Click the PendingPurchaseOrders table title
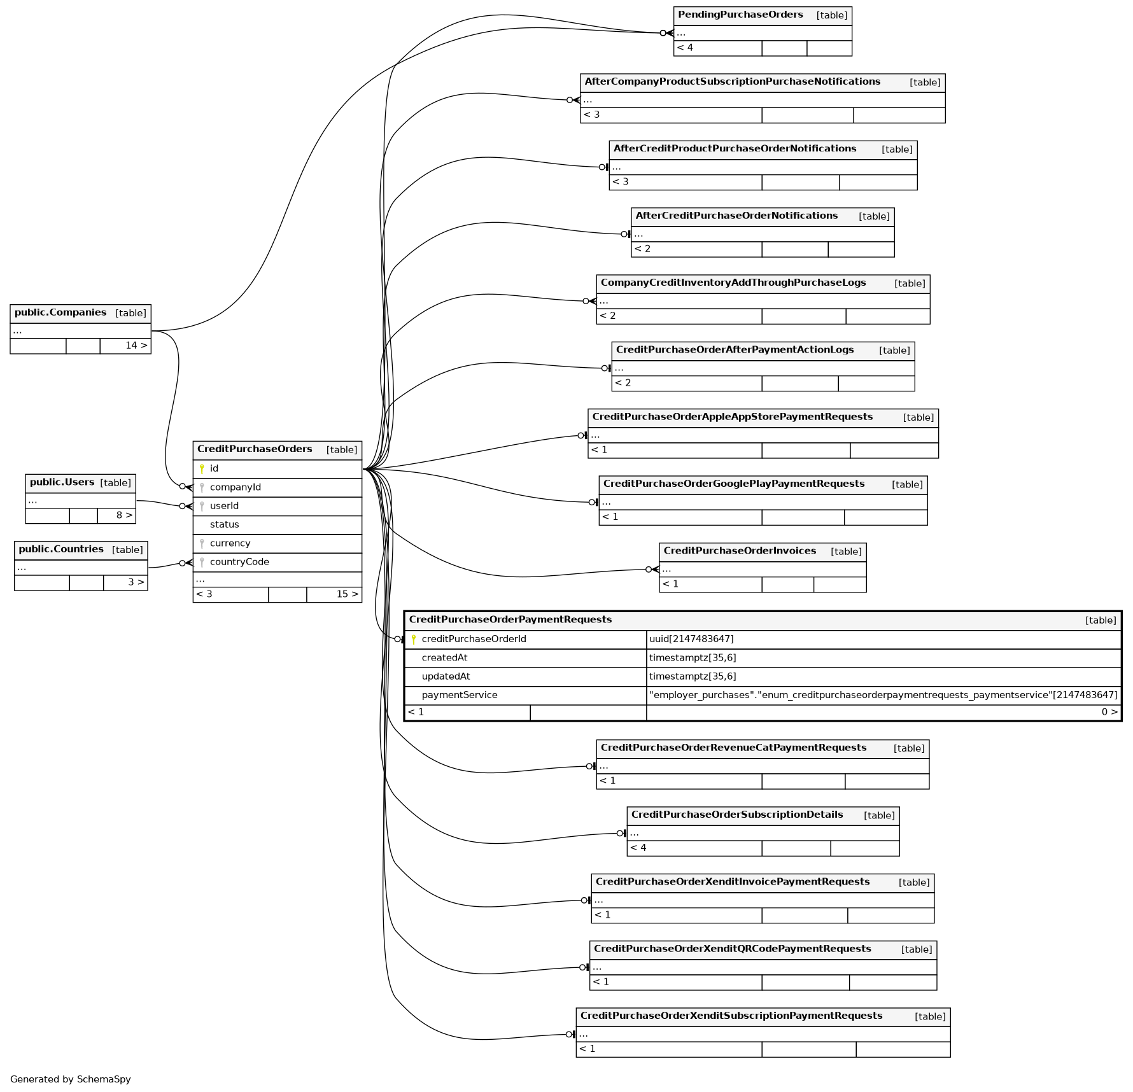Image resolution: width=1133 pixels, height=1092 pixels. [x=740, y=15]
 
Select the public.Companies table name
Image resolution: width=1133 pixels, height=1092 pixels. [x=60, y=312]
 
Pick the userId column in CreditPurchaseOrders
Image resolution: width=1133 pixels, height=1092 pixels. [x=224, y=506]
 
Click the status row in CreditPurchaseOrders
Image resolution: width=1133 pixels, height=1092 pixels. [x=224, y=524]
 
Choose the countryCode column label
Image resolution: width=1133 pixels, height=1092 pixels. [x=239, y=562]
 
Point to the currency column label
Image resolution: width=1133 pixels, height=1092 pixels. [x=230, y=543]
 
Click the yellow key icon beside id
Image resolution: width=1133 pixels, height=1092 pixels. [x=202, y=469]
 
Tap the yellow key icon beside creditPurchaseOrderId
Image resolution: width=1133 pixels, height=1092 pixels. [x=414, y=640]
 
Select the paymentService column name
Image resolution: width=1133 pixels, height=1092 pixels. [x=460, y=695]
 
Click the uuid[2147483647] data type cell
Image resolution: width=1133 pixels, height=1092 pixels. [x=691, y=639]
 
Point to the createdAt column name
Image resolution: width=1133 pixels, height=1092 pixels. [x=444, y=657]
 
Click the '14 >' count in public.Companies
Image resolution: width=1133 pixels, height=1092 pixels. [x=136, y=346]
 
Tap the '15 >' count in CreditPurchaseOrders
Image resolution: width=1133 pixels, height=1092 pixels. [x=348, y=594]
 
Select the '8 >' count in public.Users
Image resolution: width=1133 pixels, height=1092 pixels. [x=124, y=515]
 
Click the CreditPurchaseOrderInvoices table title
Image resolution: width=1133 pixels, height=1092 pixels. [x=740, y=551]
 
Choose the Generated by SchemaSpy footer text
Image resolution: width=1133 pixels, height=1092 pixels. [x=71, y=1079]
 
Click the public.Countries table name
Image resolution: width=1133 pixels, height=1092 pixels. [x=61, y=549]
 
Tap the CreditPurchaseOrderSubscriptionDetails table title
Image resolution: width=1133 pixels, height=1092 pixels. [x=737, y=815]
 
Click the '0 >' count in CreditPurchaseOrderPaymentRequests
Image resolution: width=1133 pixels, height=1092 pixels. [x=1109, y=712]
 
